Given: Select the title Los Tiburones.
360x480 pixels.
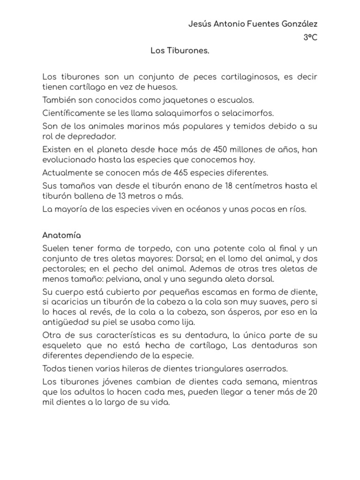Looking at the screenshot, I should coord(180,50).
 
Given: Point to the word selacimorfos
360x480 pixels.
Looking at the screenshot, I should coord(244,113).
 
